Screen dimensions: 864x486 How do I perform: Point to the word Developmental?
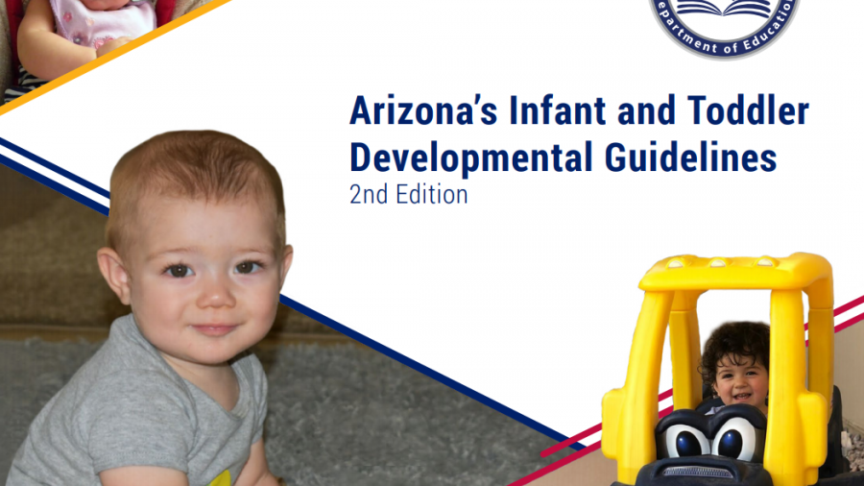pos(471,158)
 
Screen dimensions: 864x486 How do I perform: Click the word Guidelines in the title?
pos(691,158)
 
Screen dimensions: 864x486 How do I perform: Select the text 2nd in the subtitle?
pos(368,195)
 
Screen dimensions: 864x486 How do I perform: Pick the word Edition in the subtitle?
pos(431,195)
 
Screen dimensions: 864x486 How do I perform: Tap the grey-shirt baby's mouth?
pos(214,329)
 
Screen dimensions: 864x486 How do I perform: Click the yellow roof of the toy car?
pos(735,271)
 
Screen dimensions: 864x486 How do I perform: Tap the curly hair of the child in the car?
pos(734,346)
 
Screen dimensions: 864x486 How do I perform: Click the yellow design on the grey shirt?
pos(221,478)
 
